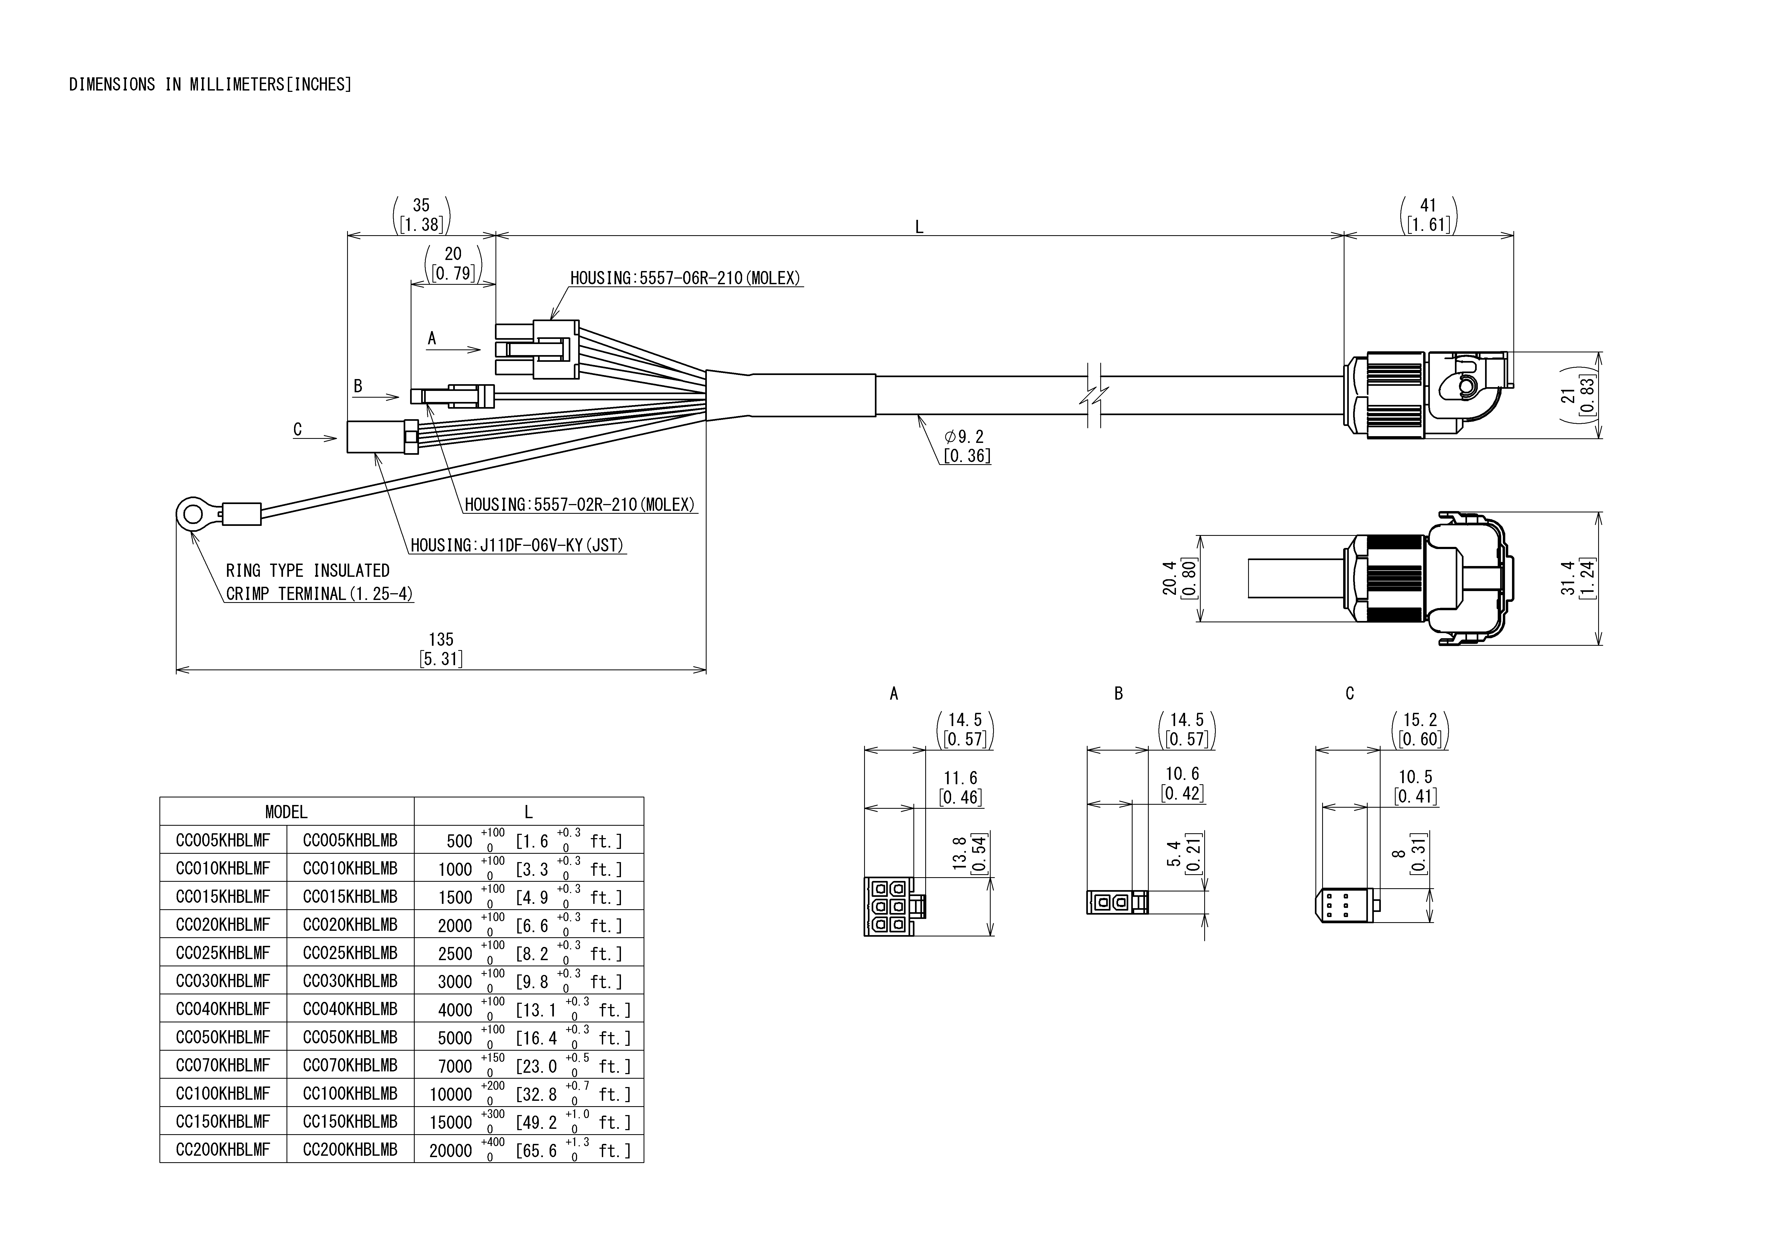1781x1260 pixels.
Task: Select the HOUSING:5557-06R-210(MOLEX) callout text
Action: coord(685,278)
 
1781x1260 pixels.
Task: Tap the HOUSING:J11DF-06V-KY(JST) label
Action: coord(517,546)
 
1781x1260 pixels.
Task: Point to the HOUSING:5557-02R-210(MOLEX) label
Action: coord(579,505)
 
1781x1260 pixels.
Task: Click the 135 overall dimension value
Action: coord(441,639)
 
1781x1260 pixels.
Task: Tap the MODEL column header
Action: coord(286,811)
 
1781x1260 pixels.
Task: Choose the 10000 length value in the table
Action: coord(451,1094)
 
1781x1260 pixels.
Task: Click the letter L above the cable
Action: coord(919,227)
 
